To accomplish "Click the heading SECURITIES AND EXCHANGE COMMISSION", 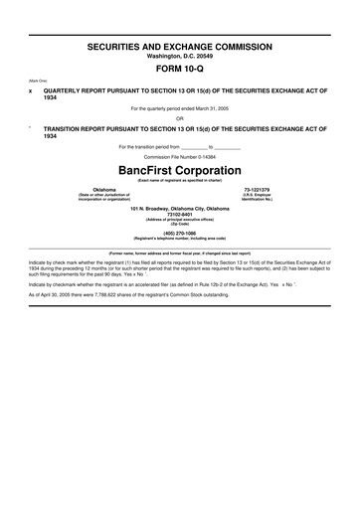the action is coord(180,47).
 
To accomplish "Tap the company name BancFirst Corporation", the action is coord(180,170).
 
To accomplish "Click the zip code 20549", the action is coord(201,56).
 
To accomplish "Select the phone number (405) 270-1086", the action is coord(180,234).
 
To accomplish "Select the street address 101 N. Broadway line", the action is coord(180,207).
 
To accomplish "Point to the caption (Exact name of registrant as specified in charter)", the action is coord(180,179).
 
